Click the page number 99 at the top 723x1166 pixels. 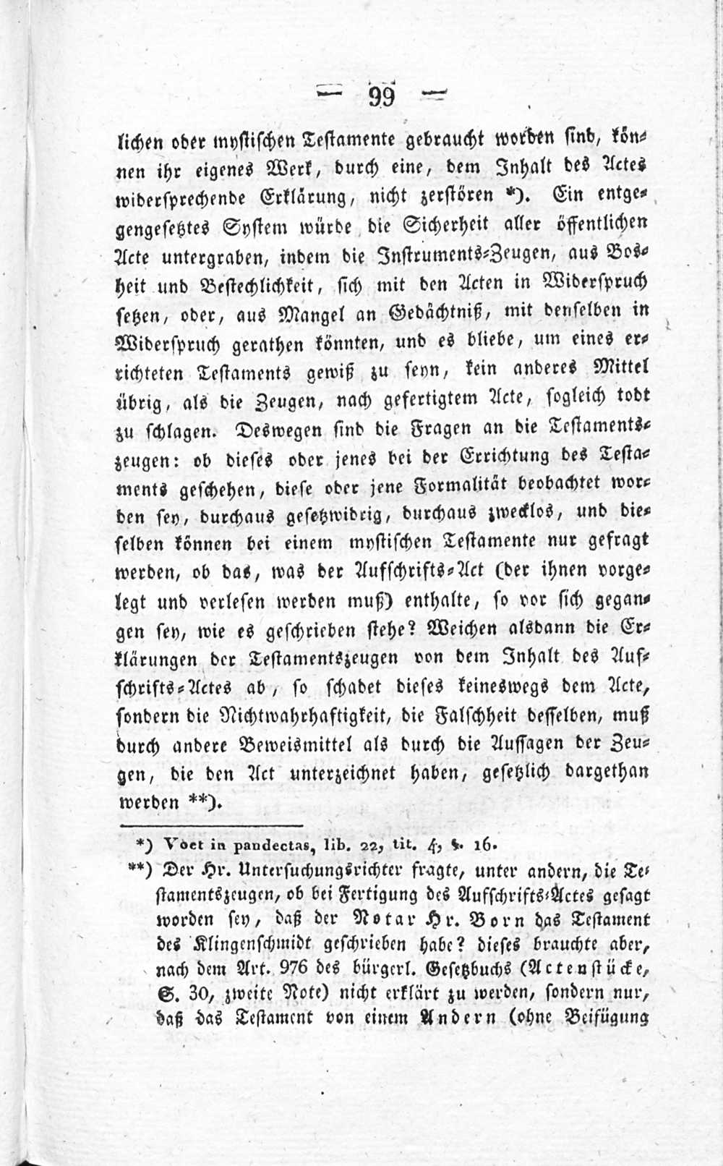tap(381, 96)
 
